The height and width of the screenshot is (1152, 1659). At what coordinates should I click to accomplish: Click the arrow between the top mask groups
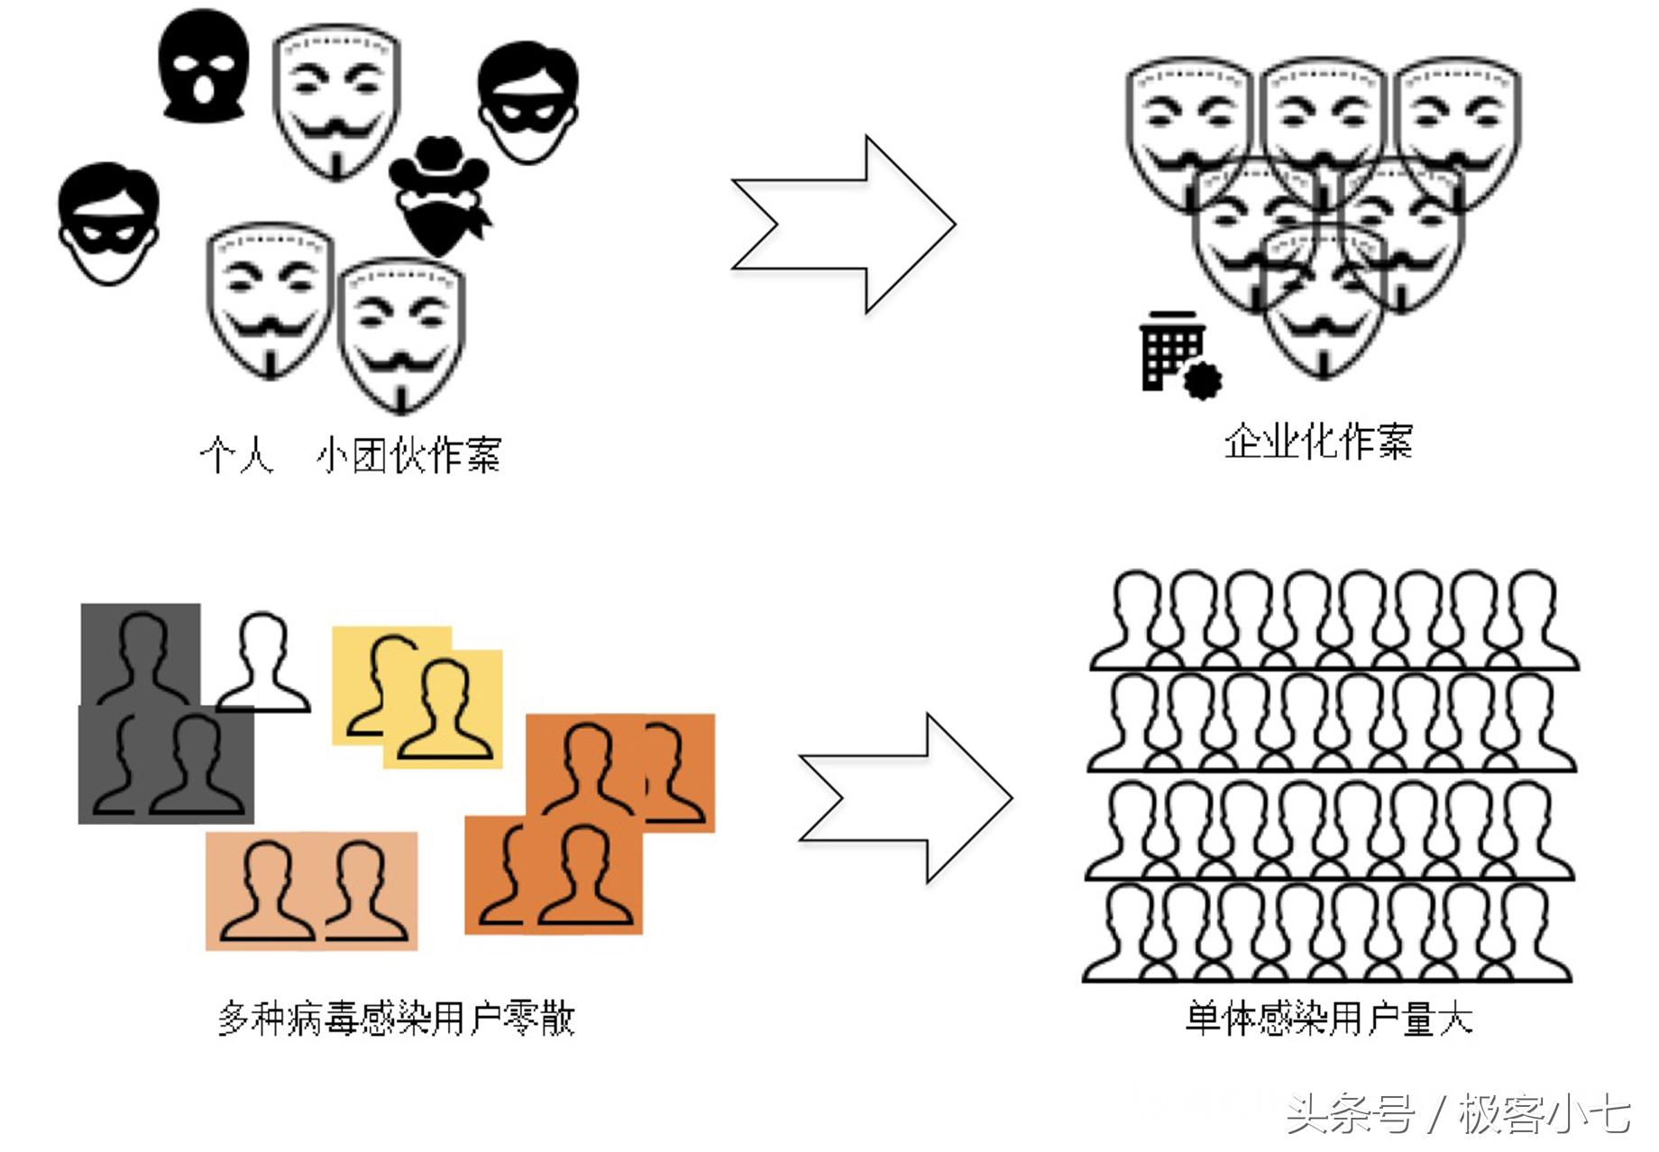[843, 224]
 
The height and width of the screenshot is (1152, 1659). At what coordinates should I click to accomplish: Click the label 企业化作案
[1317, 442]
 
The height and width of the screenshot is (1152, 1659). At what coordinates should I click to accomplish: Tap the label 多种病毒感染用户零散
[397, 1019]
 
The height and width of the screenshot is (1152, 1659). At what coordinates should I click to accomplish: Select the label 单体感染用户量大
[1328, 1019]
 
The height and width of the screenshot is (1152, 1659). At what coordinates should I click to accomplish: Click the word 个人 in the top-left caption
[236, 455]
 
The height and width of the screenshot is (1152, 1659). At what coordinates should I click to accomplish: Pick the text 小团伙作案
[408, 455]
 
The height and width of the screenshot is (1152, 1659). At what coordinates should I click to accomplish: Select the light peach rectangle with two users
[312, 891]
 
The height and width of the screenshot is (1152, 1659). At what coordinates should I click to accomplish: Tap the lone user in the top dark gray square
[142, 654]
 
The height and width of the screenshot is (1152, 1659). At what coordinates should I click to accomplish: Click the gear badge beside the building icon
[1201, 379]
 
